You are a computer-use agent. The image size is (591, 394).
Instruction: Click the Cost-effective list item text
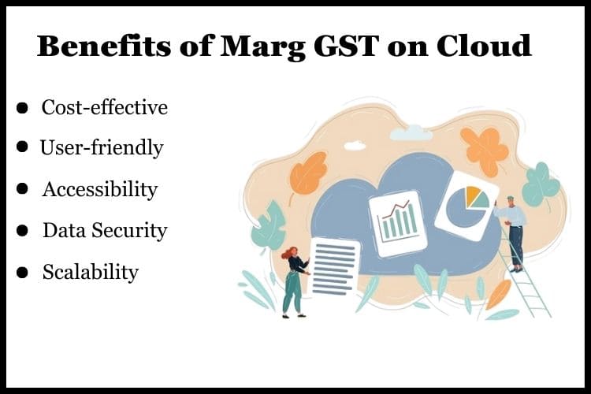coord(104,107)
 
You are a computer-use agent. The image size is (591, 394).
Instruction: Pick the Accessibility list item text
coord(99,189)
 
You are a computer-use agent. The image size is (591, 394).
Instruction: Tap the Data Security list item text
coord(105,230)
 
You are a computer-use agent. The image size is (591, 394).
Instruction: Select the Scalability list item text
coord(90,272)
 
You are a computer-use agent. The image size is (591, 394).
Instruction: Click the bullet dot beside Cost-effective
coord(23,108)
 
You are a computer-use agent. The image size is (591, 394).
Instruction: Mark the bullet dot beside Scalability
coord(24,273)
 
